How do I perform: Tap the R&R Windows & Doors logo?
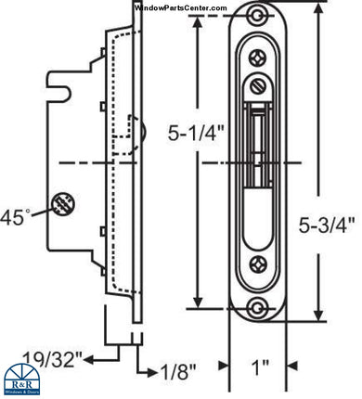pyautogui.click(x=25, y=380)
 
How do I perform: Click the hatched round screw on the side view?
pyautogui.click(x=63, y=202)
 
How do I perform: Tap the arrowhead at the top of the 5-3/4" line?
pyautogui.click(x=318, y=20)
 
